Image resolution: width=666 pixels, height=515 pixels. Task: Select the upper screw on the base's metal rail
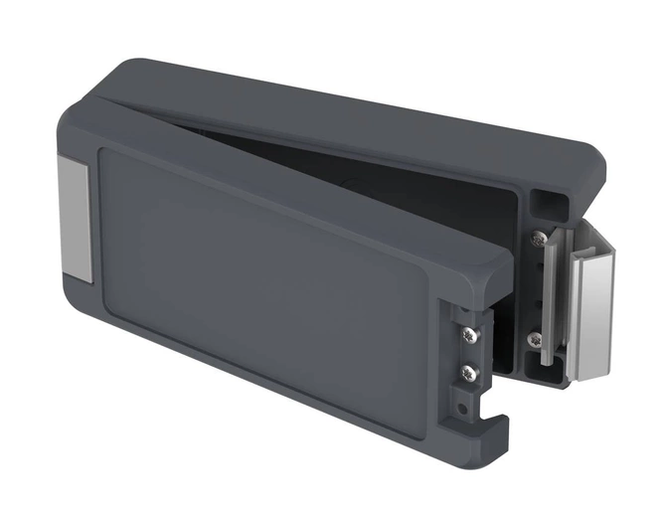(x=538, y=239)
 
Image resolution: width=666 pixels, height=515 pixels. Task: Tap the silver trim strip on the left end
(x=74, y=216)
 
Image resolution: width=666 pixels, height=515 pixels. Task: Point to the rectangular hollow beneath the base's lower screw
(x=544, y=372)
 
